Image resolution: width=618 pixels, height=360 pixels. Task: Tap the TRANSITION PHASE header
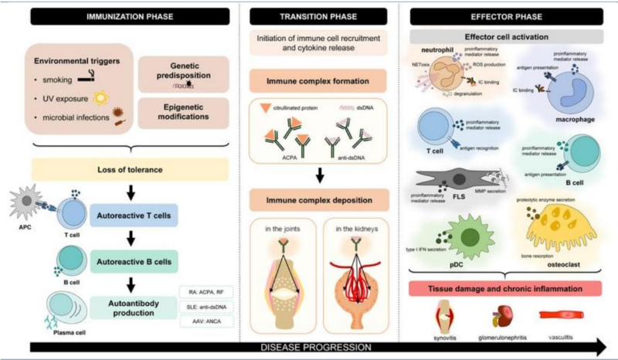[319, 14]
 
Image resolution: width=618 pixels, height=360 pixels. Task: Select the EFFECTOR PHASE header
[506, 14]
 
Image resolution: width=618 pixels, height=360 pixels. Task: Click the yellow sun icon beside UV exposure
[98, 99]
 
